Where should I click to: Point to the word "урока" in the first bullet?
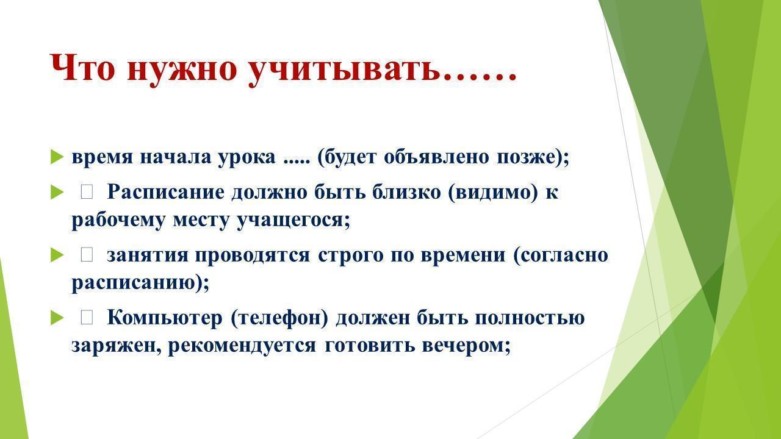(247, 158)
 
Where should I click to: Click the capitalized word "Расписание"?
(165, 193)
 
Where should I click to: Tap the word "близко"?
(406, 191)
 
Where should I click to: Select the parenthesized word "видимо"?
(492, 192)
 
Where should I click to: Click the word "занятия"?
(147, 255)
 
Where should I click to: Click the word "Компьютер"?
(165, 318)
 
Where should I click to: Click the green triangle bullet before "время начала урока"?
(57, 157)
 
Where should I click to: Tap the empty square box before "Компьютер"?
(87, 318)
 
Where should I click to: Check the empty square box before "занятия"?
(87, 255)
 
